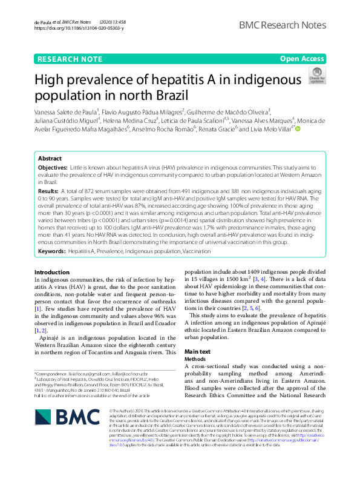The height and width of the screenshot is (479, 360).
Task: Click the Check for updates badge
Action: click(x=316, y=75)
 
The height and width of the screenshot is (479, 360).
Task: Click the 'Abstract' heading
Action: click(x=50, y=159)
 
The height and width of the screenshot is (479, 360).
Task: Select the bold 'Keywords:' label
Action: click(x=51, y=250)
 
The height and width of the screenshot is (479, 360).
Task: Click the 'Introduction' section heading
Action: click(x=52, y=272)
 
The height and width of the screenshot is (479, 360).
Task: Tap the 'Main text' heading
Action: click(x=197, y=352)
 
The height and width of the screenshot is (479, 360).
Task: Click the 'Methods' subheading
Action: click(x=195, y=359)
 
